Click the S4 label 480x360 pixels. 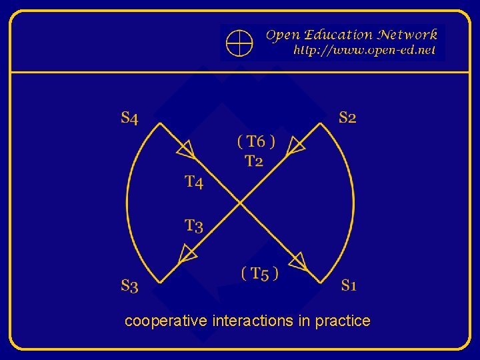click(x=130, y=119)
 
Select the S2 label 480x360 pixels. click(x=347, y=118)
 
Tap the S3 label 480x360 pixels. click(x=130, y=286)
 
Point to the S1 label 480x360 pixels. click(x=349, y=285)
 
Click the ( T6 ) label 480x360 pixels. click(x=256, y=141)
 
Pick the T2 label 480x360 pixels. click(x=254, y=161)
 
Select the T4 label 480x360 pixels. click(x=194, y=181)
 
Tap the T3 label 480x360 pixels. click(x=194, y=226)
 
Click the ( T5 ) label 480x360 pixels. click(x=260, y=273)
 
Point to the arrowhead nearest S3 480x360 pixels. click(x=189, y=253)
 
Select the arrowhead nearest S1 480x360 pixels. click(x=297, y=260)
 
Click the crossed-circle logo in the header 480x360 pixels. click(x=239, y=43)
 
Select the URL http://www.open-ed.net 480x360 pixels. click(x=365, y=50)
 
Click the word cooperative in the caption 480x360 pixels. click(x=166, y=321)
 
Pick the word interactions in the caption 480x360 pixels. click(x=253, y=321)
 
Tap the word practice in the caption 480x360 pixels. click(x=343, y=321)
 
